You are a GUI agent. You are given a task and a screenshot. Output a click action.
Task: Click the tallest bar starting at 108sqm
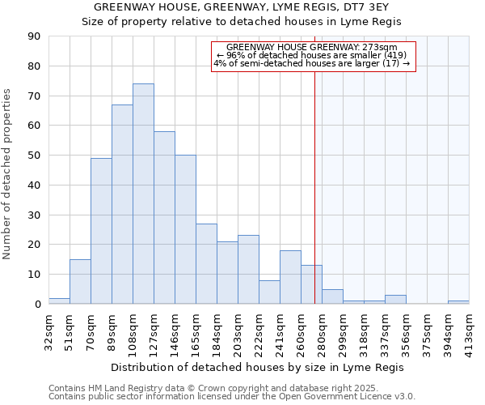pyautogui.click(x=143, y=194)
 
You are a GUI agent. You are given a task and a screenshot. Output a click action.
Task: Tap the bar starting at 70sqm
pyautogui.click(x=101, y=231)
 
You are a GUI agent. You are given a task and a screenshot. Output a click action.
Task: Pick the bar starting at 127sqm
pyautogui.click(x=164, y=218)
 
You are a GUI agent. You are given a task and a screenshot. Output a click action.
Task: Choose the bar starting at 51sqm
pyautogui.click(x=80, y=282)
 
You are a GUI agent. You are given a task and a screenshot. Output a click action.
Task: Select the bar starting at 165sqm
pyautogui.click(x=206, y=264)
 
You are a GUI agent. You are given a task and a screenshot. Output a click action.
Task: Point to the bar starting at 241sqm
pyautogui.click(x=290, y=277)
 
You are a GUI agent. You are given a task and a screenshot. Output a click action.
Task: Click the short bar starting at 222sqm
pyautogui.click(x=269, y=292)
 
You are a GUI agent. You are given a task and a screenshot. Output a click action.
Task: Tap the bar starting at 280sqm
pyautogui.click(x=332, y=296)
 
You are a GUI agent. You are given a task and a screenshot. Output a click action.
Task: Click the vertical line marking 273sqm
pyautogui.click(x=314, y=186)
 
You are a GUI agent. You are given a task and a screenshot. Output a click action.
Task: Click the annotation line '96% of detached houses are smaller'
pyautogui.click(x=311, y=55)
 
